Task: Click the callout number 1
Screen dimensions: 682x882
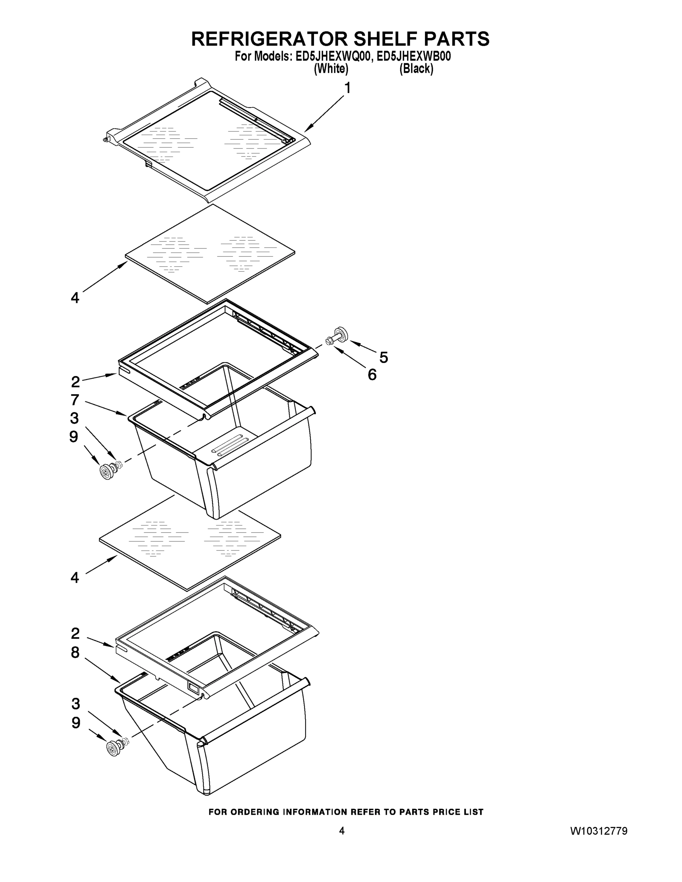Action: coord(347,88)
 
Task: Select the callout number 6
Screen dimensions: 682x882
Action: coord(372,375)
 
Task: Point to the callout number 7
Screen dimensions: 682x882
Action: coord(75,400)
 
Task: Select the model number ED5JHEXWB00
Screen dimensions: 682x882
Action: coord(414,56)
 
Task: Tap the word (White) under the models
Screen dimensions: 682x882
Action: coord(331,69)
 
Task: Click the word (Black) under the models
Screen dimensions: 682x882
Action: coord(416,69)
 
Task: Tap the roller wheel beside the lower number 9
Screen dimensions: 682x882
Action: coord(114,748)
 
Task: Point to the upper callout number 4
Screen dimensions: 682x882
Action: coord(75,298)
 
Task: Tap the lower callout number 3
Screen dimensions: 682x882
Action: coord(76,703)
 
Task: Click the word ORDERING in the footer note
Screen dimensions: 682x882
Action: coord(254,812)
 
